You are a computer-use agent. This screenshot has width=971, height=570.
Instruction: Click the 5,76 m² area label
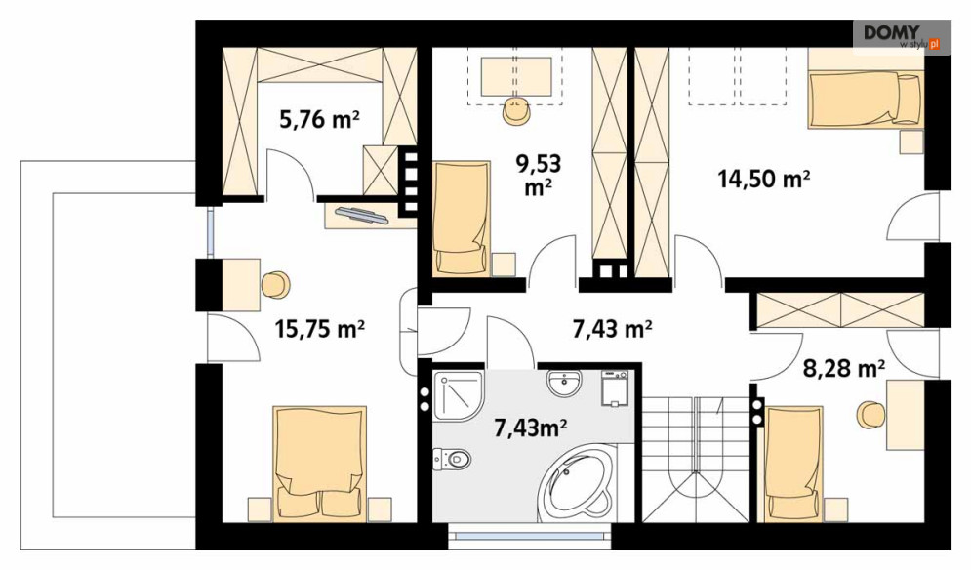(319, 119)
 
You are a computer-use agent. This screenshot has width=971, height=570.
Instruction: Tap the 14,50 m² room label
(764, 179)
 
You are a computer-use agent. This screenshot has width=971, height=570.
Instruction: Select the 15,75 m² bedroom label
(319, 329)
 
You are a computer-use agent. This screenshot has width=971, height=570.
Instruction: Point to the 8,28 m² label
(843, 369)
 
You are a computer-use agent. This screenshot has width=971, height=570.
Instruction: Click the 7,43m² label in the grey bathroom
(531, 427)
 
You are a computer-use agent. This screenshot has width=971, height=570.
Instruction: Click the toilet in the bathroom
(453, 459)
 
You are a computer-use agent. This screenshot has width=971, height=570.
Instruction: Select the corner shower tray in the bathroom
(459, 395)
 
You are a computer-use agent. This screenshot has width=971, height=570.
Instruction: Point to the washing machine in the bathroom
(614, 388)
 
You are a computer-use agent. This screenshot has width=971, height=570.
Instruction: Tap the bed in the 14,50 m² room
(865, 101)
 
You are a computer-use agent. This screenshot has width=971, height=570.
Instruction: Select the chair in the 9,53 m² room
(516, 111)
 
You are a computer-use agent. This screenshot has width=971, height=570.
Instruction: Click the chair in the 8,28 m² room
(870, 414)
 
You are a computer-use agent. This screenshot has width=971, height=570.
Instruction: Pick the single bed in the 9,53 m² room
(462, 218)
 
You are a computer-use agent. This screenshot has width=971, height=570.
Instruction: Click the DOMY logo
(901, 37)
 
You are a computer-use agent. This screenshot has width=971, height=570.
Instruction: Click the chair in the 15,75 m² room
(275, 285)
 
